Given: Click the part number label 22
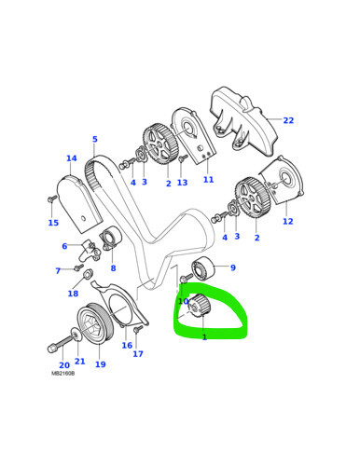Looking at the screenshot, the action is (x=288, y=120).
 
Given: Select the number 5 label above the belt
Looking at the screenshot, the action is (x=94, y=140).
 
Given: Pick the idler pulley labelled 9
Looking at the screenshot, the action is (x=203, y=270).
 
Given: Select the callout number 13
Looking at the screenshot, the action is (x=182, y=183).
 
